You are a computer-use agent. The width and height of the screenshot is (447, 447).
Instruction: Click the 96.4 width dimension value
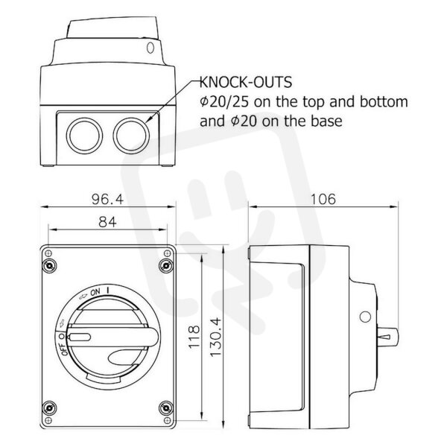pyautogui.click(x=107, y=199)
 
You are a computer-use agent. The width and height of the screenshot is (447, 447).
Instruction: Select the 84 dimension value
pyautogui.click(x=107, y=221)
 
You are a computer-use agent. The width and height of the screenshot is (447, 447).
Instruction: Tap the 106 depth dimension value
pyautogui.click(x=323, y=199)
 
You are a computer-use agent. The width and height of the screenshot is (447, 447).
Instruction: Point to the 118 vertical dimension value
pyautogui.click(x=194, y=337)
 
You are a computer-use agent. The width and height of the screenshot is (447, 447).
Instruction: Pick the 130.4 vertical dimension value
pyautogui.click(x=216, y=337)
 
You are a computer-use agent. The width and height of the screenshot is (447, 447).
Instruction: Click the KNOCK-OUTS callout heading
pyautogui.click(x=246, y=82)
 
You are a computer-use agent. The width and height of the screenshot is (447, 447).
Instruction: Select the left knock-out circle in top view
pyautogui.click(x=84, y=135)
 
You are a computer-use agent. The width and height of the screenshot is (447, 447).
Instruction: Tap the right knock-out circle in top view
pyautogui.click(x=131, y=135)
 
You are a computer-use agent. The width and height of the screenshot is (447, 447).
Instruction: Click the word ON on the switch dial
pyautogui.click(x=95, y=292)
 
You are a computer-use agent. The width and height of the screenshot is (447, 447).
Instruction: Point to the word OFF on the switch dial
pyautogui.click(x=64, y=349)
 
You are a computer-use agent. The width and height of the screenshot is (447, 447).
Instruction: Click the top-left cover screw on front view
pyautogui.click(x=49, y=266)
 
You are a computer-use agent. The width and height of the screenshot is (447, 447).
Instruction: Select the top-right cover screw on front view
pyautogui.click(x=165, y=266)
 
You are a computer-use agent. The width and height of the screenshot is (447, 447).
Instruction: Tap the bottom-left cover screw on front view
pyautogui.click(x=49, y=408)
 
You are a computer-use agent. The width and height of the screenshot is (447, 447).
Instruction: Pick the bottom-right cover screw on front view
pyautogui.click(x=165, y=408)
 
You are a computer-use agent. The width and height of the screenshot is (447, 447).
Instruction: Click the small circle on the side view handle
pyautogui.click(x=365, y=317)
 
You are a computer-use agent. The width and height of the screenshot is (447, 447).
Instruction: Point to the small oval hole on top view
pyautogui.click(x=150, y=48)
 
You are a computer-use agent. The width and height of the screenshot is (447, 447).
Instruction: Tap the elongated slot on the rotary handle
pyautogui.click(x=79, y=337)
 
